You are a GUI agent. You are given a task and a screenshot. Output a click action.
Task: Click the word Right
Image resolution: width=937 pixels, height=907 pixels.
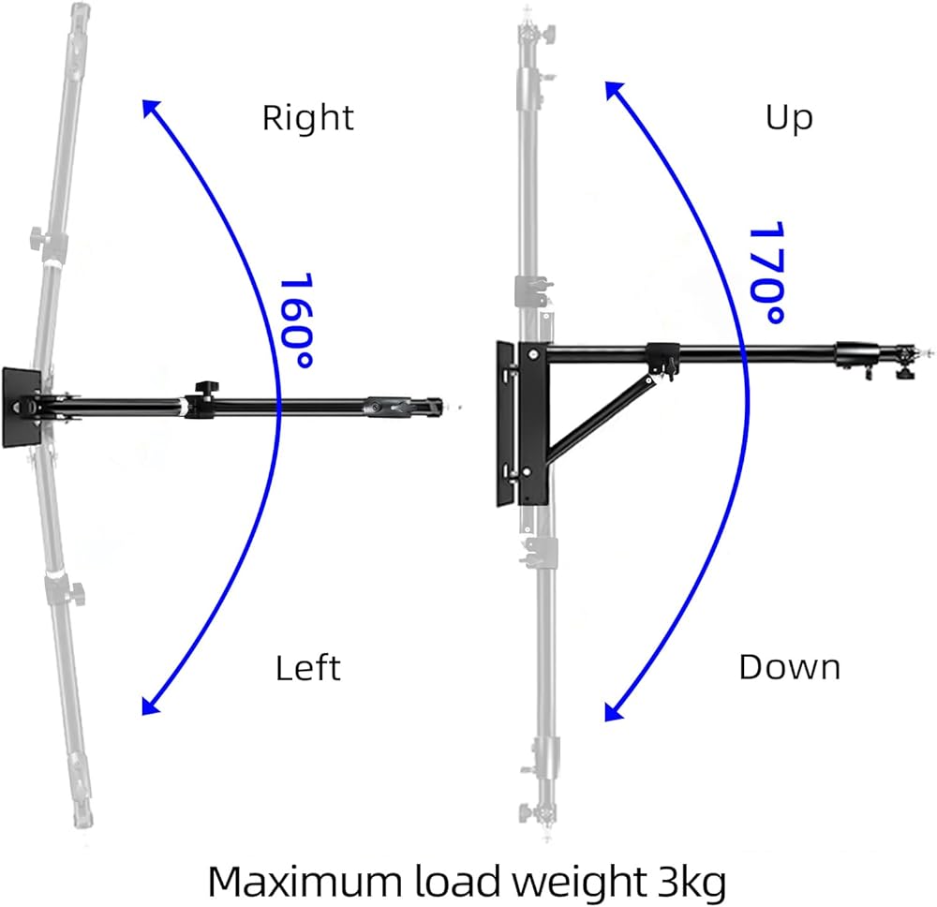307,119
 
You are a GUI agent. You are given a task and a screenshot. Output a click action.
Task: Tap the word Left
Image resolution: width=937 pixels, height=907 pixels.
307,668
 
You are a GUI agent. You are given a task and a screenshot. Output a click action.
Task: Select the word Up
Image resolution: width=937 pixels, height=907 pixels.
789,119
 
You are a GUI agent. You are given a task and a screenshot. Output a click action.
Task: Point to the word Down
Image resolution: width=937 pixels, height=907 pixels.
789,667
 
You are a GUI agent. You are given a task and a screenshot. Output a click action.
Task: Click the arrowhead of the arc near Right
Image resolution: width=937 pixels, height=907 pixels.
149,106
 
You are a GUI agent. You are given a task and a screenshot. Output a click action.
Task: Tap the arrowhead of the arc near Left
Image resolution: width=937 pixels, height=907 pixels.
149,707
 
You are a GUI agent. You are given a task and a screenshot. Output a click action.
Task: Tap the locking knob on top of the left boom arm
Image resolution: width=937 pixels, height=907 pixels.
202,389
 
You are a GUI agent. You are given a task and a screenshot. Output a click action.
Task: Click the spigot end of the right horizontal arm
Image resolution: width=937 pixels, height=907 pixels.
928,353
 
